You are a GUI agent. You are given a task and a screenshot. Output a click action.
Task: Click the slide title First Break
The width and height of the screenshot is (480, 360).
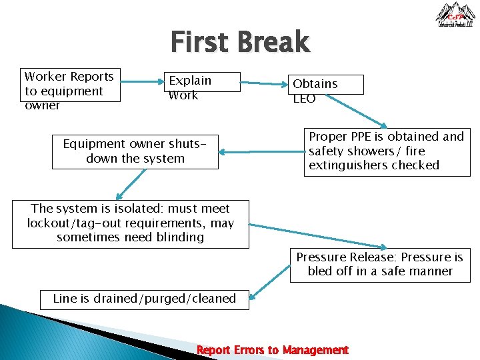240,42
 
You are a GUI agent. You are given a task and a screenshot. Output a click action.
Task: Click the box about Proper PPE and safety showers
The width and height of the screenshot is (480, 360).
387,151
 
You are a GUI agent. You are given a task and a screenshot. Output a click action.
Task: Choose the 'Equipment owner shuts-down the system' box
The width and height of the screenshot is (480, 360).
135,151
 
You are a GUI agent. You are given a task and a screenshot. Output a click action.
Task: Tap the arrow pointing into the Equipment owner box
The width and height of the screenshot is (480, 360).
260,152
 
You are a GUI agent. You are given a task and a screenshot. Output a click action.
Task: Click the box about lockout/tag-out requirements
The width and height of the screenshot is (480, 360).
131,223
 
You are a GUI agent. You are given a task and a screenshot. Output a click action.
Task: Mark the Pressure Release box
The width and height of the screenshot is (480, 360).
379,264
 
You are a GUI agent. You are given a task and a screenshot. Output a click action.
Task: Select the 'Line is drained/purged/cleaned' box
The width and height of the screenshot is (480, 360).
145,299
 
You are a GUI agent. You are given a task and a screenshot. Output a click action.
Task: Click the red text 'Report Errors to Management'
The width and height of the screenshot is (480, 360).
272,350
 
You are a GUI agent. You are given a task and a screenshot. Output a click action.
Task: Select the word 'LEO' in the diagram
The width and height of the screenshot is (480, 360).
305,99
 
